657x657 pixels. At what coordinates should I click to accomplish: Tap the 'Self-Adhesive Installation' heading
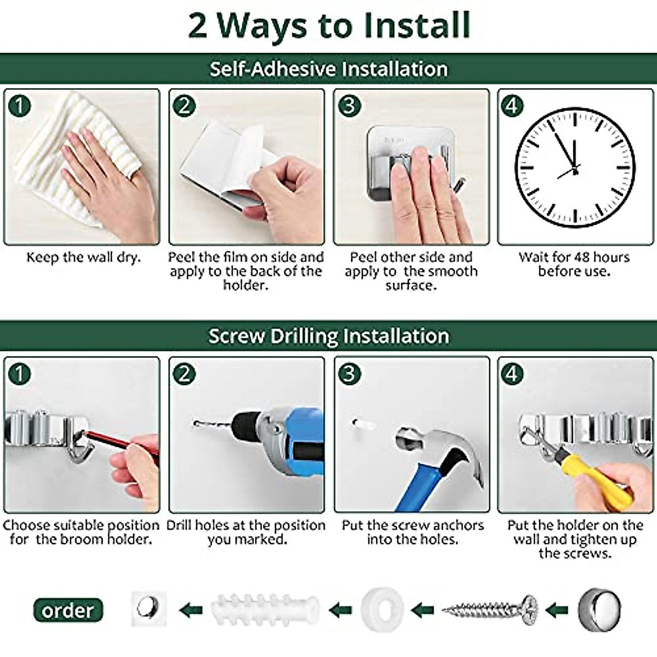(328, 69)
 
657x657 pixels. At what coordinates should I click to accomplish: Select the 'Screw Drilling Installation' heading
(328, 336)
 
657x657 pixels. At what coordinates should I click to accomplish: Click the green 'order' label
(68, 610)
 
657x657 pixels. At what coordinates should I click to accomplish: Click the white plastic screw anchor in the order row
(266, 608)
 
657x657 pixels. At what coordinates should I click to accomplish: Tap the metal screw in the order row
(489, 608)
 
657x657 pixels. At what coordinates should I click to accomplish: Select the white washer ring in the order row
(382, 608)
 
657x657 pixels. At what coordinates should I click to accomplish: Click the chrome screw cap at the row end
(600, 608)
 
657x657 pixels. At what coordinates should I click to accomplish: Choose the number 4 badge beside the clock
(512, 105)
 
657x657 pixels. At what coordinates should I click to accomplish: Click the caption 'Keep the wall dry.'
(83, 257)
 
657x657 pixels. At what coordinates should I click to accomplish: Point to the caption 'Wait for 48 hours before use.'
(574, 264)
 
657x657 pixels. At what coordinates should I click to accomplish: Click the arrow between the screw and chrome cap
(557, 608)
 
